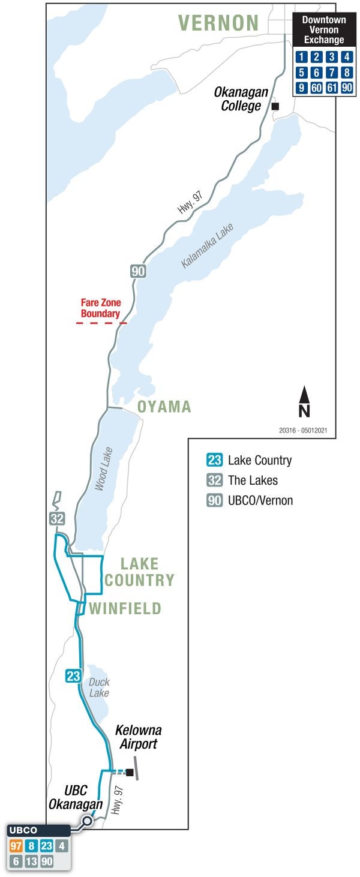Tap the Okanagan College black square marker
tap(275, 106)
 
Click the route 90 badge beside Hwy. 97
tap(138, 272)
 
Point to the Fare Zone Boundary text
tap(101, 308)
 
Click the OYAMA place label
tap(164, 407)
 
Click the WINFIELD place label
tap(125, 609)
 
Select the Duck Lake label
tap(99, 687)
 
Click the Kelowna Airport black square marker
tap(129, 772)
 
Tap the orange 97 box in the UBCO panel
tap(16, 847)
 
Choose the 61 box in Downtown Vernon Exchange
tap(331, 88)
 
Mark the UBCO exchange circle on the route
tap(87, 820)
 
